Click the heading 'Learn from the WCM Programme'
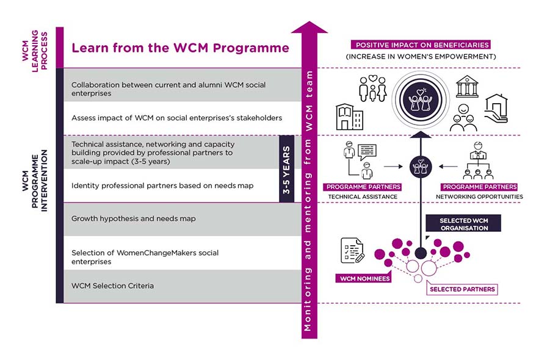180,48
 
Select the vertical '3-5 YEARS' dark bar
286,169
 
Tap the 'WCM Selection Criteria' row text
112,286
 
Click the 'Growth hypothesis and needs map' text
134,218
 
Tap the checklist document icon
352,251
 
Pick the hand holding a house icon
496,108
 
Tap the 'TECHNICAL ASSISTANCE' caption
363,197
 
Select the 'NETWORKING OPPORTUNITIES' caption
479,197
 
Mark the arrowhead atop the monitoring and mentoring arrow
310,28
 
